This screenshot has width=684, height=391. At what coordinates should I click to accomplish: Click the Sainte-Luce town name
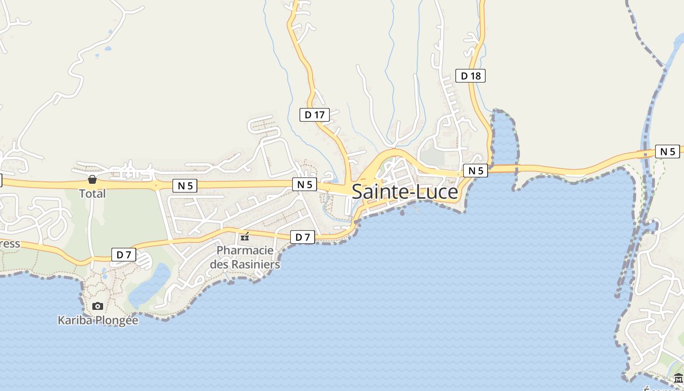[x=405, y=192]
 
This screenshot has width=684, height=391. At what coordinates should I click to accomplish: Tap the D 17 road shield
[x=314, y=115]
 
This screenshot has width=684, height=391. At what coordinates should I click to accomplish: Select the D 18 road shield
[x=470, y=76]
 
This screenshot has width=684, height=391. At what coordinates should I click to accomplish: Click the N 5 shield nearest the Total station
[x=185, y=186]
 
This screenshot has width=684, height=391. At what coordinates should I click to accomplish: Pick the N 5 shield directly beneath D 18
[x=475, y=171]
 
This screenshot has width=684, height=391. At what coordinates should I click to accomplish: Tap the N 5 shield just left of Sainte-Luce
[x=304, y=184]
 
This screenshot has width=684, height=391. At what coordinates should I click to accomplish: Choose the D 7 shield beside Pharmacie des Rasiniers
[x=302, y=238]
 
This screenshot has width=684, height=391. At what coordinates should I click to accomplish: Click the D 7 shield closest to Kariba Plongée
[x=124, y=255]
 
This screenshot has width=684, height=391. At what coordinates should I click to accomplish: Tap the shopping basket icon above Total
[x=92, y=180]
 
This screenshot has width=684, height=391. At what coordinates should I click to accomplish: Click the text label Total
[x=92, y=194]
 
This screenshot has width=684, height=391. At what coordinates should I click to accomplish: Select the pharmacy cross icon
[x=245, y=237]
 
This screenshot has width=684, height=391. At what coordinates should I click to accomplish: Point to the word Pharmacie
[x=245, y=250]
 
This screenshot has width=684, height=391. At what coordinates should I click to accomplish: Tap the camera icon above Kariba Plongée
[x=98, y=306]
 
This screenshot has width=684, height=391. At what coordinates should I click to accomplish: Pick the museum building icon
[x=678, y=378]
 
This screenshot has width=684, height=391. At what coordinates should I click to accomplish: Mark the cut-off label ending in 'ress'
[x=9, y=243]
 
